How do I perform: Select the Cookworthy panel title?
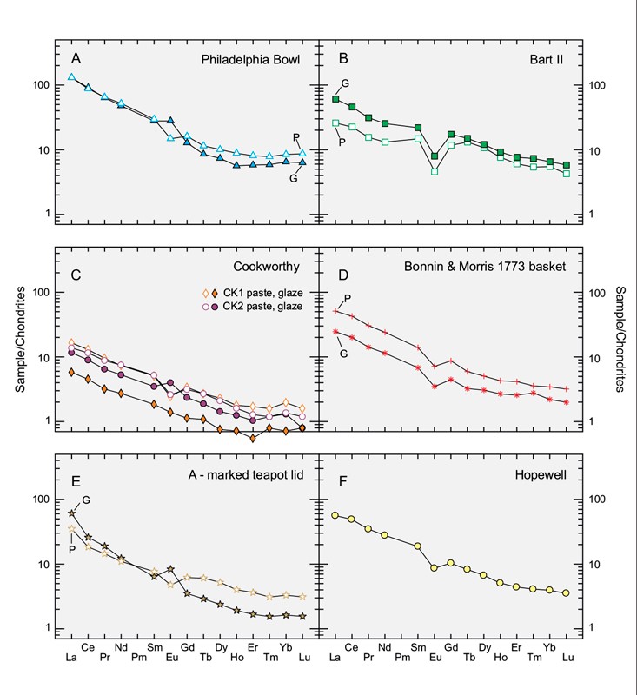(x=275, y=265)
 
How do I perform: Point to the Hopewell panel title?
(x=539, y=472)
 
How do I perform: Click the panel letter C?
(x=76, y=277)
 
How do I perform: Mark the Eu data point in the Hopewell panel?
(x=434, y=568)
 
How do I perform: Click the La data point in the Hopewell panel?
(x=335, y=515)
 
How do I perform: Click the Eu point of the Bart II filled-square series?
(x=435, y=156)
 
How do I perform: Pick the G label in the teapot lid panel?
(x=87, y=500)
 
